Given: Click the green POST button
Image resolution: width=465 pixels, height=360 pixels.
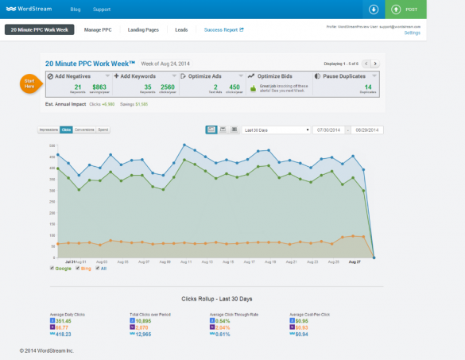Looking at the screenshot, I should (x=405, y=9).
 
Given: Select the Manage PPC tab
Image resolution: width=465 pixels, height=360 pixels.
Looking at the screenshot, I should (x=98, y=29).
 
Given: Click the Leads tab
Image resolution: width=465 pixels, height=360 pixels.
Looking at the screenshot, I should (x=181, y=29).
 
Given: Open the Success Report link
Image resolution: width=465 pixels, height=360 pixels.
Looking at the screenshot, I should (x=223, y=29).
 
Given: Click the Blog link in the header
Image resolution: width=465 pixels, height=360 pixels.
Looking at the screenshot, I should (x=75, y=10).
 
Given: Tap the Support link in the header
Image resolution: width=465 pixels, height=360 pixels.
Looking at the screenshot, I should (x=102, y=10).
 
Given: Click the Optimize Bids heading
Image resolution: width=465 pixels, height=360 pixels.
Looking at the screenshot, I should (x=277, y=75).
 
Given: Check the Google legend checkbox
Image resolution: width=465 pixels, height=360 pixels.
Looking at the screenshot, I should (x=52, y=269).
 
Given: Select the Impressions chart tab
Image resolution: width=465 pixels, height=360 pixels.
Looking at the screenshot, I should (x=48, y=129).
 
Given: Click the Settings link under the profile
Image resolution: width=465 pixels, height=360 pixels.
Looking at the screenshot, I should (x=412, y=33).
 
